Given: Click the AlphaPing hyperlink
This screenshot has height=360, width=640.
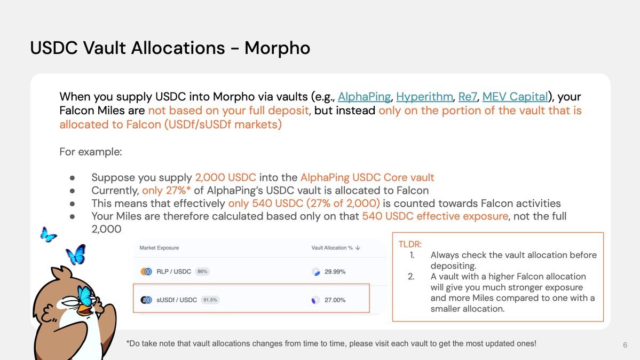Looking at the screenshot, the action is pos(364,97).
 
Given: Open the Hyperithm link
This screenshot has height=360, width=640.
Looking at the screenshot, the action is pos(424,97).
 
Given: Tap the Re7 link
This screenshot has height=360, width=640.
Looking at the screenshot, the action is pos(468,97).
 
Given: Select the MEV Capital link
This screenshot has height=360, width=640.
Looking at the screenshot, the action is pos(515,97).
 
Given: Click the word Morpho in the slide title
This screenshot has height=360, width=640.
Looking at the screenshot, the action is pos(277,48).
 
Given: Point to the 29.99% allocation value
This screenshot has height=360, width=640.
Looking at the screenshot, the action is pos(335,272).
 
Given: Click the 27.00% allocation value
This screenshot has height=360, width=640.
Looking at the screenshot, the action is pos(335,300).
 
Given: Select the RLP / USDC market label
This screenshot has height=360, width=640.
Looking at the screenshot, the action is pos(173,272).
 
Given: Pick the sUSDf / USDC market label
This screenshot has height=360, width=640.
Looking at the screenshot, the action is pos(176,300).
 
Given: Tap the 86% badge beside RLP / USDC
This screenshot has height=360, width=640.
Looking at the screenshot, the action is pos(202,272).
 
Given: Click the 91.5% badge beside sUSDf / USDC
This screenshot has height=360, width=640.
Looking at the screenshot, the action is pos(210,300).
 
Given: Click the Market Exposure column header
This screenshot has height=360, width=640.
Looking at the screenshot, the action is pos(159,248).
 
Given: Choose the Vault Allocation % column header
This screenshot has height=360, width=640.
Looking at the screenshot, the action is pos(332,248).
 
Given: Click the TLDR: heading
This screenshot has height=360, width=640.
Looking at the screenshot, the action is pos(410,244).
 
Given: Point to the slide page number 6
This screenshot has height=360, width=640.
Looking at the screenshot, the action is pos(625,345).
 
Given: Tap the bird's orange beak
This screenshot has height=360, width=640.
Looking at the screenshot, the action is pos(85,310).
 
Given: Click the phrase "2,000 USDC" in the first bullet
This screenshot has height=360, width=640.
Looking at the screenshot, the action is pos(225,177).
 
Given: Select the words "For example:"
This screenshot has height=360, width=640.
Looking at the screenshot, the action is pos(91,152).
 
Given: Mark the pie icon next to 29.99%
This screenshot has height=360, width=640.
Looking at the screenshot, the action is pos(316,272).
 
